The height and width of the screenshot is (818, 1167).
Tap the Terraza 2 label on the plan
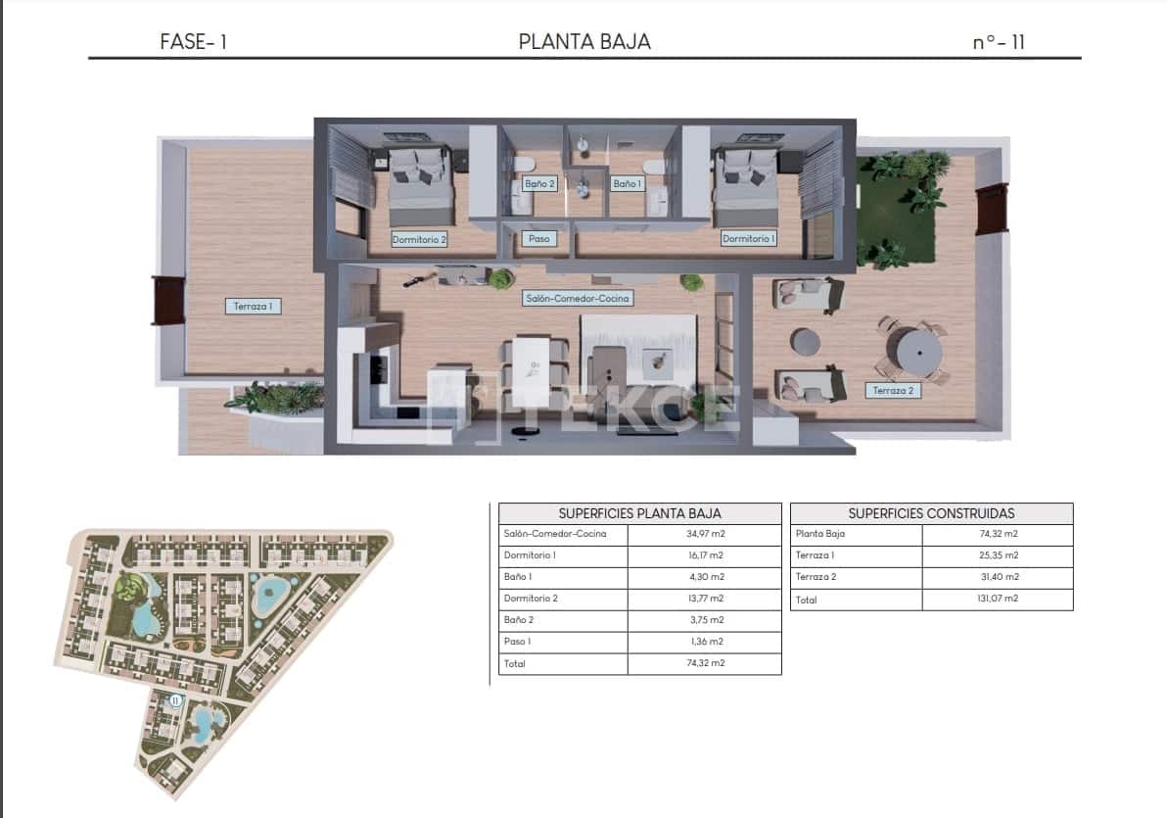pos(892,390)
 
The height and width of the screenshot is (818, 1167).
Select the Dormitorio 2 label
pos(419,238)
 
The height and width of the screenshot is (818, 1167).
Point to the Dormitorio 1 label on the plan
pos(748,238)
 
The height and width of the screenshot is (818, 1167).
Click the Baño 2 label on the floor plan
pos(539,183)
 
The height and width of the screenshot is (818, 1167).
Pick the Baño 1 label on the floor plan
pos(627,183)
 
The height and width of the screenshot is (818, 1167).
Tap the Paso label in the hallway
pos(538,238)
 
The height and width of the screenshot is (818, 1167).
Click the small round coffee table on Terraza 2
pos(806,341)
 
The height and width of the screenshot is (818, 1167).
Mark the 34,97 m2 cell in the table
pos(704,534)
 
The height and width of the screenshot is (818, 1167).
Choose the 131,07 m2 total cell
pos(997,599)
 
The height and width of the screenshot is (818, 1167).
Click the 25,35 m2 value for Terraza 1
pos(997,555)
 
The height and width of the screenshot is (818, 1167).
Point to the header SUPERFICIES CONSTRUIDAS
pos(931,513)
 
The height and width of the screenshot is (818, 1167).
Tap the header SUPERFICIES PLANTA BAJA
pos(639,513)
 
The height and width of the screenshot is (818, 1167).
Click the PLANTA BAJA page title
pos(583,41)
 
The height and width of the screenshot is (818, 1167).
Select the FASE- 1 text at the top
pos(193,42)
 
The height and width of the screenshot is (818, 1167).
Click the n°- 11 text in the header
pos(999,42)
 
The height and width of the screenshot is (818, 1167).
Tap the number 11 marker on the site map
pos(175,700)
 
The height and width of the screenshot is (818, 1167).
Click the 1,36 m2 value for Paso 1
pos(704,642)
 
